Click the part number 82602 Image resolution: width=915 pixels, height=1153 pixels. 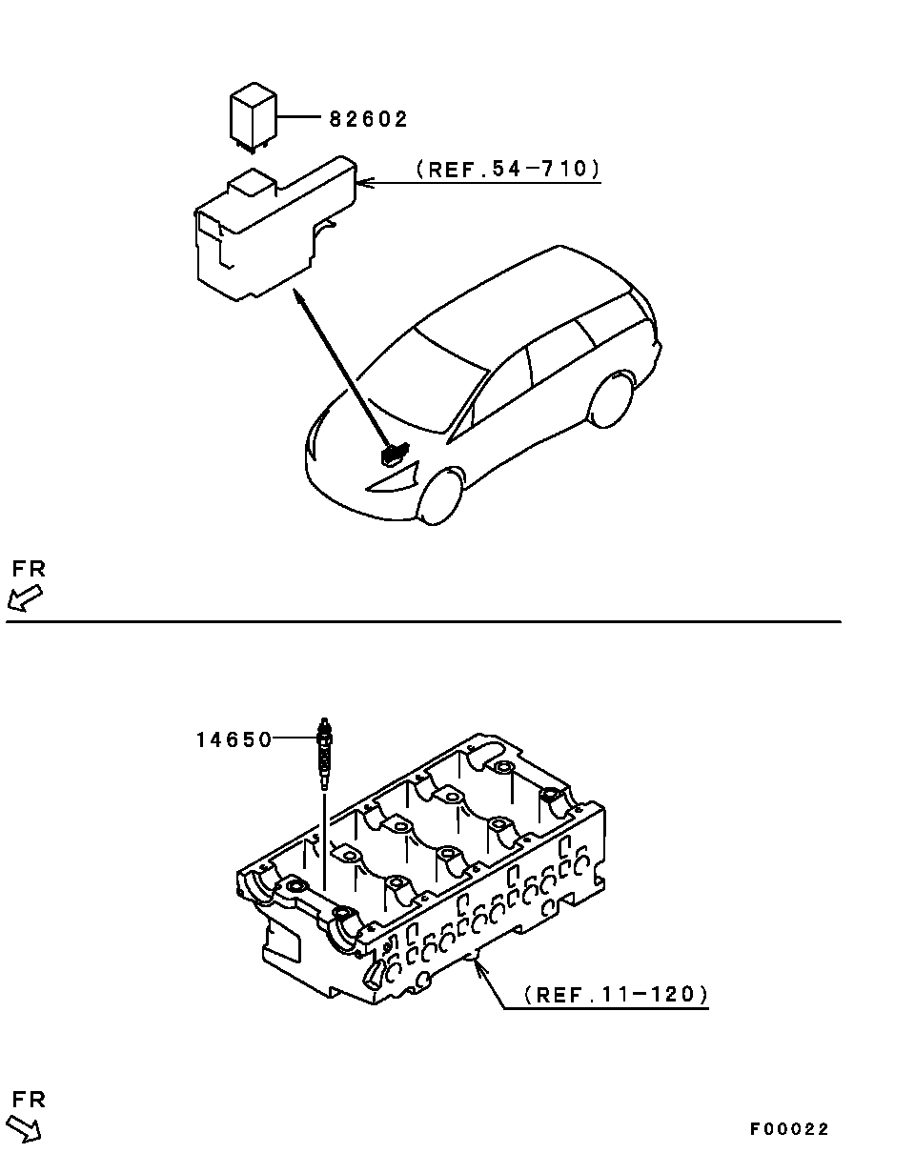click(x=368, y=119)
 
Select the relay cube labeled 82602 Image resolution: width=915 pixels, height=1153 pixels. click(x=253, y=117)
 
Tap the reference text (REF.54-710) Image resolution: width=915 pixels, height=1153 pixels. click(x=508, y=169)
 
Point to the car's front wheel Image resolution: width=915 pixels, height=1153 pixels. click(x=440, y=496)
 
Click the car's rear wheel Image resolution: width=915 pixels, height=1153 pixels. click(x=611, y=399)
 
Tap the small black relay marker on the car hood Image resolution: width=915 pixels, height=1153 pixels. click(x=394, y=455)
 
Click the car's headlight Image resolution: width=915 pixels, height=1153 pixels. click(x=393, y=479)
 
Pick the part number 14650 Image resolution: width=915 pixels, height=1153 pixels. click(x=234, y=739)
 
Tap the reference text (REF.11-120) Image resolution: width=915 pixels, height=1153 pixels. click(x=617, y=995)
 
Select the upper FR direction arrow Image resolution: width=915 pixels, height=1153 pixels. click(x=24, y=597)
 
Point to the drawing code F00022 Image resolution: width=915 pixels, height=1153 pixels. click(x=789, y=1130)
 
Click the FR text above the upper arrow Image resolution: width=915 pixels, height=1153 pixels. click(x=29, y=569)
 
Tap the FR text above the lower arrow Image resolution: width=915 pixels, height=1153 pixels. click(x=29, y=1100)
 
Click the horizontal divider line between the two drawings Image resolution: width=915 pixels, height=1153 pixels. click(x=423, y=621)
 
